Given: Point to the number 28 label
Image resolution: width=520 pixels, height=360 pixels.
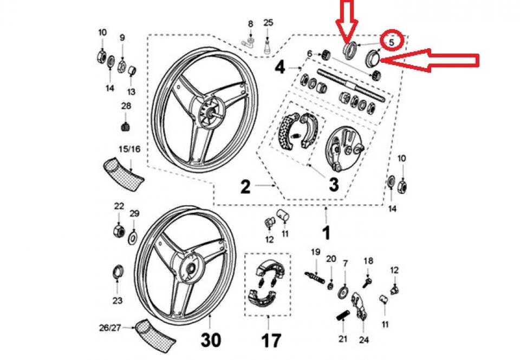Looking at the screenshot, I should coord(126,107).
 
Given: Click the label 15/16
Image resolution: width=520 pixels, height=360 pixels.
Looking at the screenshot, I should coord(128,149).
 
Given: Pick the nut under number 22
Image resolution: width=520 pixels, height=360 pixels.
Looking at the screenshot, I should coord(118,231).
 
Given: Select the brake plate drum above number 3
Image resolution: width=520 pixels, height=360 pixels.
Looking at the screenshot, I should coord(344,148).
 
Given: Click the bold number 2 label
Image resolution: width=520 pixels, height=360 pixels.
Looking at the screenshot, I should coord(245,187).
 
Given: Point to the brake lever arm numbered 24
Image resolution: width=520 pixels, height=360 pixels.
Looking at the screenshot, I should coord(359,306).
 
